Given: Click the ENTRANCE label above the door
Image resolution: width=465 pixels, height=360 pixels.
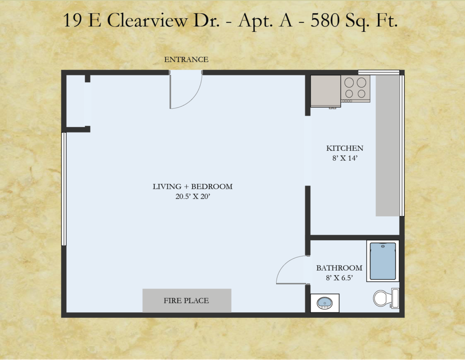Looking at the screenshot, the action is point(186,59).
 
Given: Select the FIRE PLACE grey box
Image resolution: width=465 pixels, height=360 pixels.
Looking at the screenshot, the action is point(187,301).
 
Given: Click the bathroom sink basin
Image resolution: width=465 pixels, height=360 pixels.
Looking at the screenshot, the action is point(324,303).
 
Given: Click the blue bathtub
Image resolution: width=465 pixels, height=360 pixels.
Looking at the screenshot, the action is point(383,261).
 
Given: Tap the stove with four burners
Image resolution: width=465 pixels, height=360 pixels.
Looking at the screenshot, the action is point(355,89).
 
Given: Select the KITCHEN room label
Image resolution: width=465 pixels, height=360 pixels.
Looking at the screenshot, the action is point(345,148).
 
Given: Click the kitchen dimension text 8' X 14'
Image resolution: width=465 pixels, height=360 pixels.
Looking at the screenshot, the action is point(345,158).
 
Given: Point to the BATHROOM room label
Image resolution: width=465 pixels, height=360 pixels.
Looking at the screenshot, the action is point(339,268).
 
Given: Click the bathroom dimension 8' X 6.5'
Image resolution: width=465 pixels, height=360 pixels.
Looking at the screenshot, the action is point(339,278).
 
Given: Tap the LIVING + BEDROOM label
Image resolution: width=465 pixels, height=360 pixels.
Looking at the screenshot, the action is point(193,187).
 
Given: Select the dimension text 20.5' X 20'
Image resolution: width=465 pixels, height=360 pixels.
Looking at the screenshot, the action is point(193,196).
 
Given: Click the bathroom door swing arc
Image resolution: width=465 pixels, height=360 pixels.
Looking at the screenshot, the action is point(284,264).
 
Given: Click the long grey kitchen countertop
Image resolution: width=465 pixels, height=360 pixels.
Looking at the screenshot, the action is point(387,146).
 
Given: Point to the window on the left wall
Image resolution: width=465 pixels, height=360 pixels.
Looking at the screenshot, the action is point(64,189).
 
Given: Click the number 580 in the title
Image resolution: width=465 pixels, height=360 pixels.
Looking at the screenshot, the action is point(325,20).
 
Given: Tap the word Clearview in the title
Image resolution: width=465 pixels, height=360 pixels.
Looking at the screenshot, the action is point(147,20).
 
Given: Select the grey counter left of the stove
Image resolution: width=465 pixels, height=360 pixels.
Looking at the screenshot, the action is point(326,91).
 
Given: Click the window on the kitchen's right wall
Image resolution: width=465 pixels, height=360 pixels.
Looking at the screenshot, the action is point(402,146).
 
